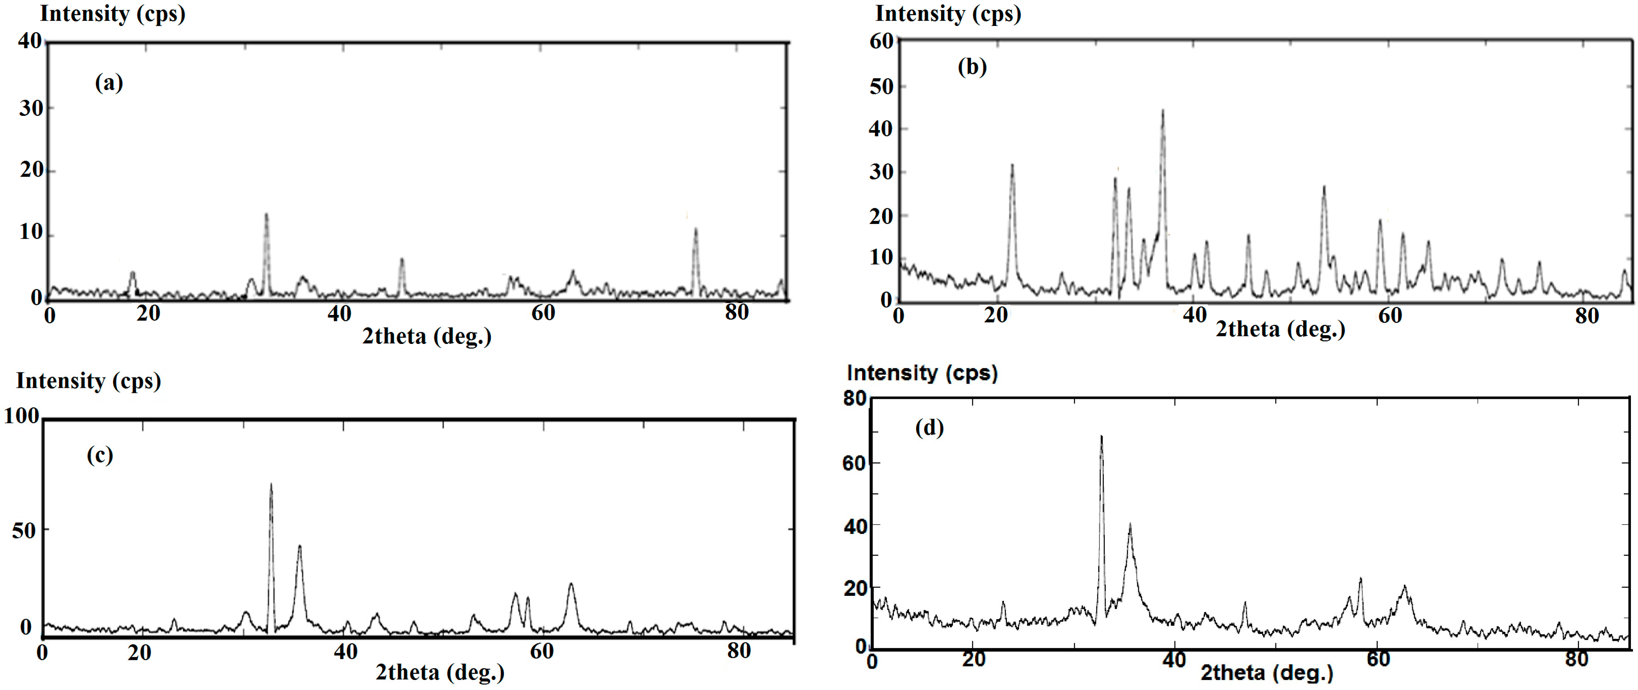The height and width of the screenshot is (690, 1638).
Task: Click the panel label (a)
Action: [x=109, y=83]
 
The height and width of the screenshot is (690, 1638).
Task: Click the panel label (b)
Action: [x=972, y=67]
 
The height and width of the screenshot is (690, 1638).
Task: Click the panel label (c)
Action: [x=100, y=455]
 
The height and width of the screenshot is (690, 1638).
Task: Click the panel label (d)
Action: [x=929, y=428]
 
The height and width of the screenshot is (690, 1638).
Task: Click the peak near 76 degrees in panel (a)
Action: [x=696, y=230]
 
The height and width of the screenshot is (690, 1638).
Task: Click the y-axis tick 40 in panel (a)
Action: [x=29, y=41]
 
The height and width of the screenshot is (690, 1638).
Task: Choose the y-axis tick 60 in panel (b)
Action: [x=881, y=41]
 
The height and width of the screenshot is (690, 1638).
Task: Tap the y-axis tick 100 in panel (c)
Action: [x=22, y=416]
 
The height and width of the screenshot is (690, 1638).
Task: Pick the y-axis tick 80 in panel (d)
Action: [x=855, y=399]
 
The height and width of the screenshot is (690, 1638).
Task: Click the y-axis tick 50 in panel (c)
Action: [x=23, y=530]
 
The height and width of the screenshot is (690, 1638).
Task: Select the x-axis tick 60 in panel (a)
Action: [x=543, y=313]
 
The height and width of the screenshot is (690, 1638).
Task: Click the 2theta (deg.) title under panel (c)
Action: [x=440, y=672]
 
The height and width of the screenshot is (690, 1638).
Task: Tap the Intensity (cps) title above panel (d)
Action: [x=922, y=373]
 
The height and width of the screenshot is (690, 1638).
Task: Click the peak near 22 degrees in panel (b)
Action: [x=1012, y=167]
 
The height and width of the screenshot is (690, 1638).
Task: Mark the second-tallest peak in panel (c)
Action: [x=300, y=547]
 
